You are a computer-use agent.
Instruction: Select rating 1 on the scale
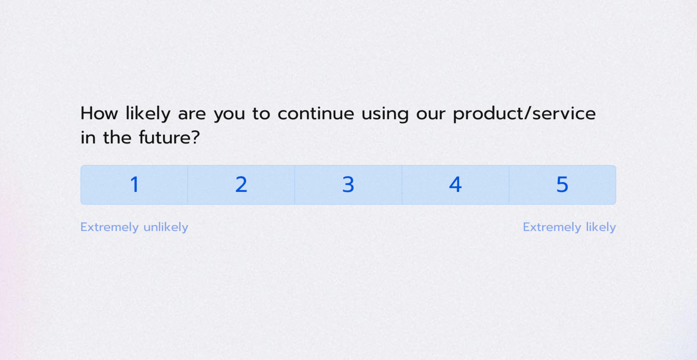134,185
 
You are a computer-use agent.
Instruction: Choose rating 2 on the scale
241,185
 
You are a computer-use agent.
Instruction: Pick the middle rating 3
348,185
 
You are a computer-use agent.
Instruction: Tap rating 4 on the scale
455,185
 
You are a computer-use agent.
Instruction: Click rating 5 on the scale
562,185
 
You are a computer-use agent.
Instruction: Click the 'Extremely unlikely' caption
134,227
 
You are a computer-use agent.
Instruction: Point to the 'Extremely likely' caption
569,227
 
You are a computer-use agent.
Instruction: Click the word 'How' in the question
99,114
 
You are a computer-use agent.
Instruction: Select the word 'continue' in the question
316,114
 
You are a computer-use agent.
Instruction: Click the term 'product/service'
524,114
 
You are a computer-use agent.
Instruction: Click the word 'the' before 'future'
117,138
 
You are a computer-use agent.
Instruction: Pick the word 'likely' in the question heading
148,114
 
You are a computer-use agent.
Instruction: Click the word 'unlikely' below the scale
166,227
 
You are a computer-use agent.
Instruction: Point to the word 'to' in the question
261,114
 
